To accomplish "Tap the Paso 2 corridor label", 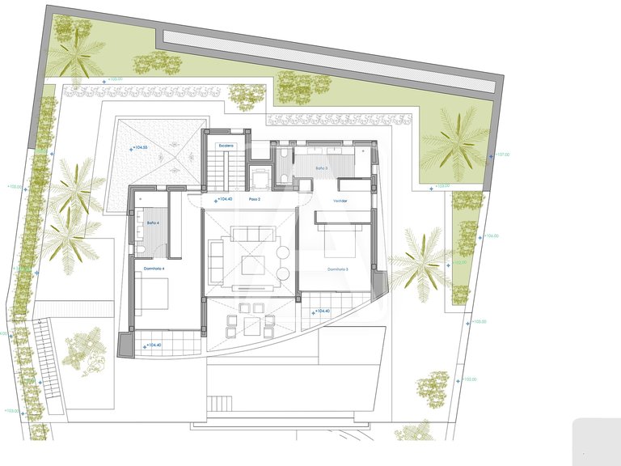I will [x=255, y=199].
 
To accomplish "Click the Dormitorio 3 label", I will [x=338, y=269].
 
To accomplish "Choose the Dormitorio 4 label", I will [x=154, y=268].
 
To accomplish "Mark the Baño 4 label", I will [x=152, y=222].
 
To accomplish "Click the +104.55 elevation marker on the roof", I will [x=142, y=148].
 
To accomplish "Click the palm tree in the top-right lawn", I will [x=454, y=143].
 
